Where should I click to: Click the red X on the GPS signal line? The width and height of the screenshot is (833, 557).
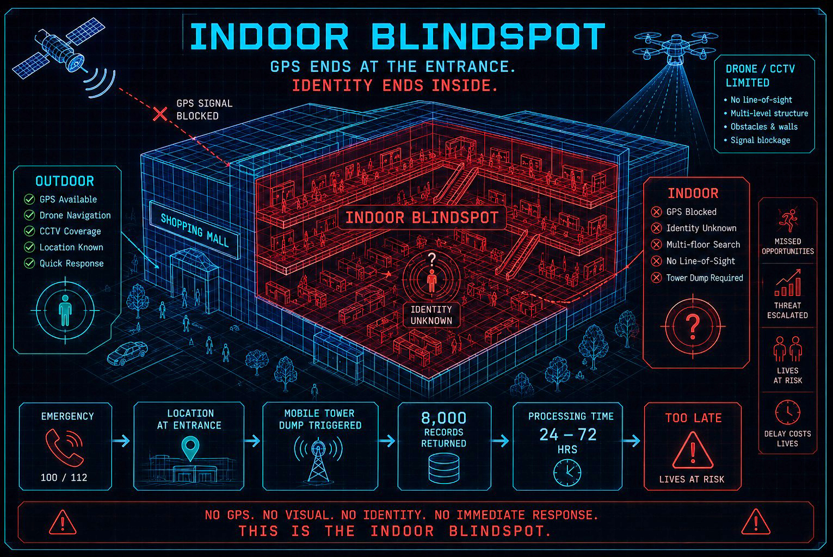coord(161,114)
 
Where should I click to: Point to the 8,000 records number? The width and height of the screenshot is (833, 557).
coord(443,418)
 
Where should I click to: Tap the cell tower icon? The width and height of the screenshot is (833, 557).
coord(318,460)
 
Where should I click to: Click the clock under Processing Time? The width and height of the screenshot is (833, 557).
coord(567,473)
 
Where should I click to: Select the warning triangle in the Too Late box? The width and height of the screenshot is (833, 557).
coord(693,450)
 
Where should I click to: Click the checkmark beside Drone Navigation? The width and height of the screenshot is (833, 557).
coord(29,215)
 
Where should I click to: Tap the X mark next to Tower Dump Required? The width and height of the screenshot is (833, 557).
coord(656,278)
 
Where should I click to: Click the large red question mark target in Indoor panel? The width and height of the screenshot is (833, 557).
coord(693,326)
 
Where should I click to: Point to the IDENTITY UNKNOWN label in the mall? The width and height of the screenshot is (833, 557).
coord(431,315)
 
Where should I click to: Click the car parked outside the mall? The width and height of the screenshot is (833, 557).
coord(127,352)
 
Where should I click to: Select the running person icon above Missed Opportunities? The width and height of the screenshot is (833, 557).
coord(788,220)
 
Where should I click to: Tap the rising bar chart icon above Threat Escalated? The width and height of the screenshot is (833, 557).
coord(788,283)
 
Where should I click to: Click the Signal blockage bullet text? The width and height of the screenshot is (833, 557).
coord(760,140)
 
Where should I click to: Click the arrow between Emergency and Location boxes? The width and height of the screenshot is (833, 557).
coord(121,441)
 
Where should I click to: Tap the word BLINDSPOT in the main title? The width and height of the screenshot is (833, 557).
coord(488,36)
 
